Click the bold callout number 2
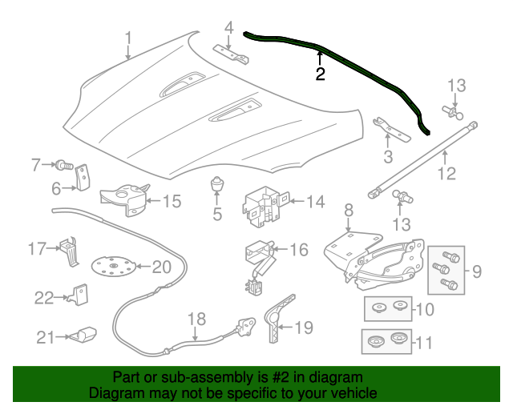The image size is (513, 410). pos(321,74)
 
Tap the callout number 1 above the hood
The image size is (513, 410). pos(129,38)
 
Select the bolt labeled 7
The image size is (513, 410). pos(64,165)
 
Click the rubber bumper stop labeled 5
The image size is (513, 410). pos(216,185)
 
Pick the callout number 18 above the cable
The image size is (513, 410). pos(197,319)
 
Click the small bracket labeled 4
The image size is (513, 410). pos(231,54)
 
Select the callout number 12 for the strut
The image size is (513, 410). pos(446,173)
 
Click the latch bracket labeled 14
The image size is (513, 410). pos(263,206)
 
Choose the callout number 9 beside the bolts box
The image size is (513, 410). pos(477,271)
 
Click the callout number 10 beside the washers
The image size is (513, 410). pos(424,309)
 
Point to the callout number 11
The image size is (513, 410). pos(423,343)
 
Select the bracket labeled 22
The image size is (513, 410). pos(79,295)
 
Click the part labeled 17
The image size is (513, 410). pos(70,251)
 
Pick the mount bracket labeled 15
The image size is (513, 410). pos(125,199)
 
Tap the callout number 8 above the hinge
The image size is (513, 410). pos(349,210)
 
